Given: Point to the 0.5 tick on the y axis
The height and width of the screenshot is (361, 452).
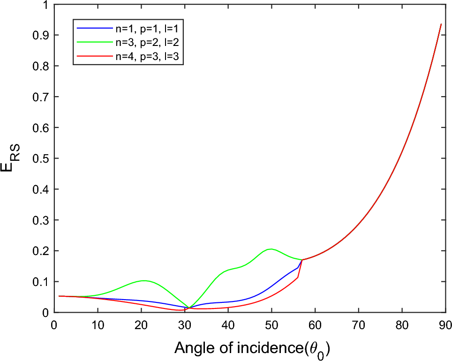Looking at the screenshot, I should [x=42, y=158].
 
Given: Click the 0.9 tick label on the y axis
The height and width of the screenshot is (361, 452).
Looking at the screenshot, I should [x=42, y=35].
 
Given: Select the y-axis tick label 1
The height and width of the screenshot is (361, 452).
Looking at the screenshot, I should [x=45, y=5].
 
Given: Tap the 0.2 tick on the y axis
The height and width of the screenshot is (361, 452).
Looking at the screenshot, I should [x=42, y=251].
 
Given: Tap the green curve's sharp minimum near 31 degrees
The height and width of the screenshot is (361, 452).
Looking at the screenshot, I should [x=189, y=308].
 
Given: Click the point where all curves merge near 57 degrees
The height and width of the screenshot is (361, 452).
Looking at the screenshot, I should [x=302, y=260].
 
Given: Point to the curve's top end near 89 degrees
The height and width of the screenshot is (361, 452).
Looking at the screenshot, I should [x=441, y=24].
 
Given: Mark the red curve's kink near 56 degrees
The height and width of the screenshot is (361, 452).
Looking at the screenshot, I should [x=298, y=277].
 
